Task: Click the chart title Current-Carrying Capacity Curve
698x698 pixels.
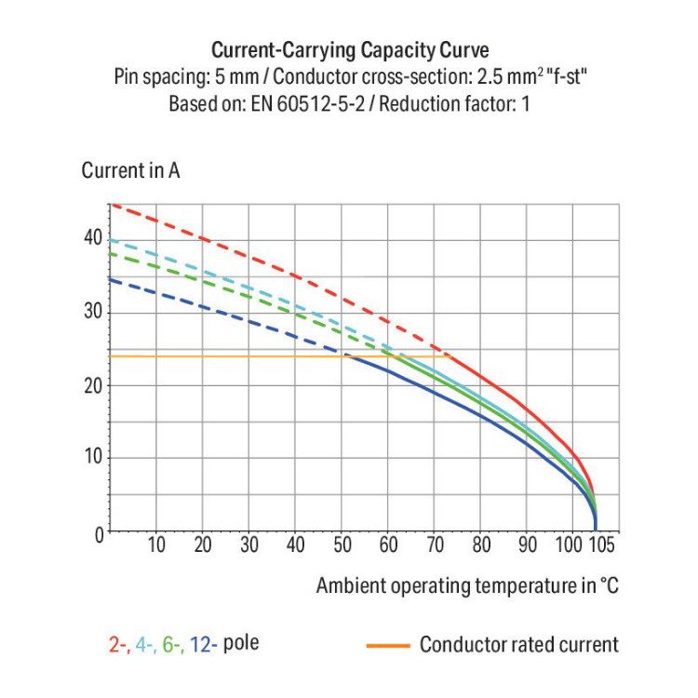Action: tap(349, 49)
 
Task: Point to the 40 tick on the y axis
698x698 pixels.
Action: tap(92, 237)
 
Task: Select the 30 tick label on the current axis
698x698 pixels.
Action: tap(92, 311)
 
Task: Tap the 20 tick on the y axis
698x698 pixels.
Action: tap(92, 384)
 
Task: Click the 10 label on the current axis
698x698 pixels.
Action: tap(92, 458)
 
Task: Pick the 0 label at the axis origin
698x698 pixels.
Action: tap(96, 533)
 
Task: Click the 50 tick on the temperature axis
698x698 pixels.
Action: tap(342, 545)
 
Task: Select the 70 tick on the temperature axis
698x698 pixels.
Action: tap(436, 545)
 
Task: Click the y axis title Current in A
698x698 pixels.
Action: tap(130, 171)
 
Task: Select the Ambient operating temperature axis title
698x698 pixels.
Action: tap(467, 586)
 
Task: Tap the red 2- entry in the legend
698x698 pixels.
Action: tap(118, 644)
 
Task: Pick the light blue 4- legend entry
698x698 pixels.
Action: tap(145, 644)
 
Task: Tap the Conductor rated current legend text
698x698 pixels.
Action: tap(518, 644)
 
